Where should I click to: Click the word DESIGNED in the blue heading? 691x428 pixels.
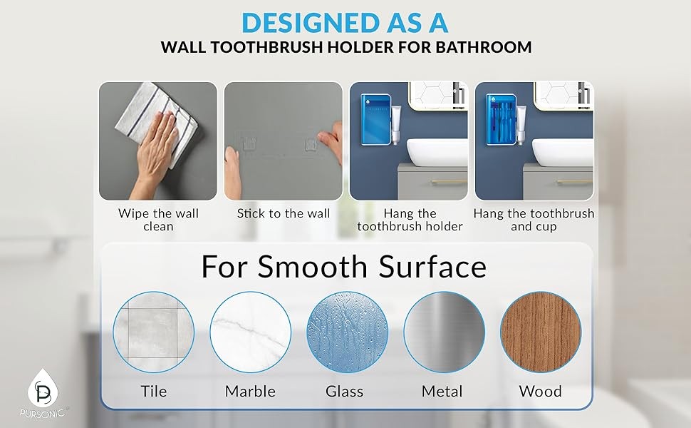pyautogui.click(x=311, y=23)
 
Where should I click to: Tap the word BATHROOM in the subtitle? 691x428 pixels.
pyautogui.click(x=484, y=47)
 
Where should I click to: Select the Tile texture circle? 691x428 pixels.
pyautogui.click(x=153, y=332)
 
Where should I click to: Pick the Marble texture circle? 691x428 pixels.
pyautogui.click(x=250, y=332)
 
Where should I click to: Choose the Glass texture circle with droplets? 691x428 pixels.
pyautogui.click(x=347, y=332)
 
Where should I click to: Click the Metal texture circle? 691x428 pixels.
pyautogui.click(x=445, y=332)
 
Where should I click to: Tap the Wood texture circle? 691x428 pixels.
pyautogui.click(x=541, y=332)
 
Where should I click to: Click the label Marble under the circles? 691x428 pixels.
pyautogui.click(x=250, y=392)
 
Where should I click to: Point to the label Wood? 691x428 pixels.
pyautogui.click(x=540, y=392)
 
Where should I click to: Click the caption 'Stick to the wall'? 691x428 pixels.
pyautogui.click(x=284, y=213)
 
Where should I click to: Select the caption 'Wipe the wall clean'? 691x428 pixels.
pyautogui.click(x=158, y=220)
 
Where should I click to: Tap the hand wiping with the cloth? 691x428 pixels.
pyautogui.click(x=152, y=150)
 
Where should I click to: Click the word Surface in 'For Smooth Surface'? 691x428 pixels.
pyautogui.click(x=432, y=267)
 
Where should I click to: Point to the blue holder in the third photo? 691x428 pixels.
pyautogui.click(x=375, y=119)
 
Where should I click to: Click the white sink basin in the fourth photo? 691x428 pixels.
pyautogui.click(x=562, y=152)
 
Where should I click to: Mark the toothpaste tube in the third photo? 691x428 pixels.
pyautogui.click(x=396, y=125)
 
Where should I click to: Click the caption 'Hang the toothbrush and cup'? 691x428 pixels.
pyautogui.click(x=534, y=220)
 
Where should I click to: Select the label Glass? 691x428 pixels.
pyautogui.click(x=345, y=392)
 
